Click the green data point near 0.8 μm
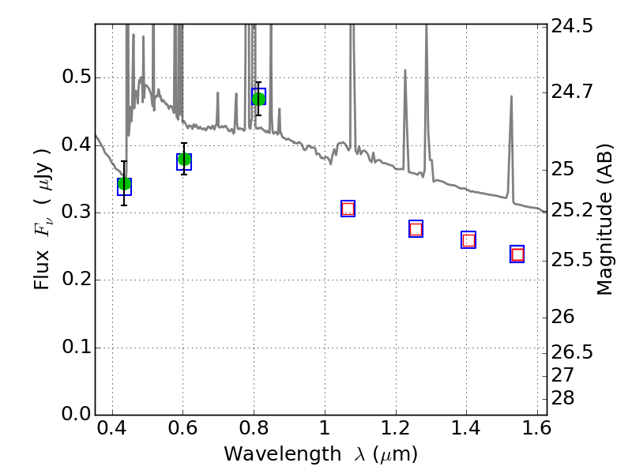[x=258, y=98]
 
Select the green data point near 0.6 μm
[x=184, y=160]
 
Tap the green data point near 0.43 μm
[x=124, y=184]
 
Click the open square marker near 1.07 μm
[x=348, y=209]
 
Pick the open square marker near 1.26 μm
[x=416, y=229]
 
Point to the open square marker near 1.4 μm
[x=468, y=240]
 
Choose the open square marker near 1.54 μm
[x=517, y=254]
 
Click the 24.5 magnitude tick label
[x=573, y=26]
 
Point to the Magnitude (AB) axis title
[x=605, y=220]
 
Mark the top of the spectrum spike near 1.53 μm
[x=511, y=96]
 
